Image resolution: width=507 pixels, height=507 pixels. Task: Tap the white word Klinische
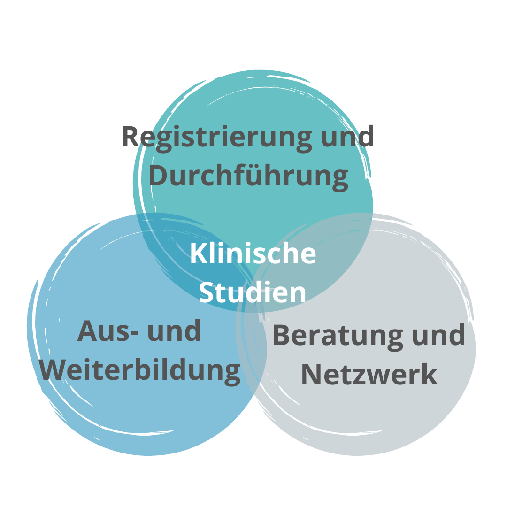point(253,253)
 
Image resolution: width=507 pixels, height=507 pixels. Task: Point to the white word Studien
point(252,292)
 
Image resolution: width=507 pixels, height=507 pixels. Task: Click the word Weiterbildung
point(140,372)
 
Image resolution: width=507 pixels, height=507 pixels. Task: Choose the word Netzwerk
point(369,375)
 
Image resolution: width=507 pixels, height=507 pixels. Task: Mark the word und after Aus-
point(174,330)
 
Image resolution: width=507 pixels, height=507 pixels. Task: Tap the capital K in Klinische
point(199,253)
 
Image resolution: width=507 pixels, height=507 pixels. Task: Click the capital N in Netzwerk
point(311,375)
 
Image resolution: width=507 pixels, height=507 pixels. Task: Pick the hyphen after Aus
point(133,333)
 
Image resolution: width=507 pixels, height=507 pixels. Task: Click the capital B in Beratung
point(282,335)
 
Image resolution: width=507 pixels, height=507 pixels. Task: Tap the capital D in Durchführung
point(159,175)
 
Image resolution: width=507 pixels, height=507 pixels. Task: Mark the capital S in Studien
point(207,292)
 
